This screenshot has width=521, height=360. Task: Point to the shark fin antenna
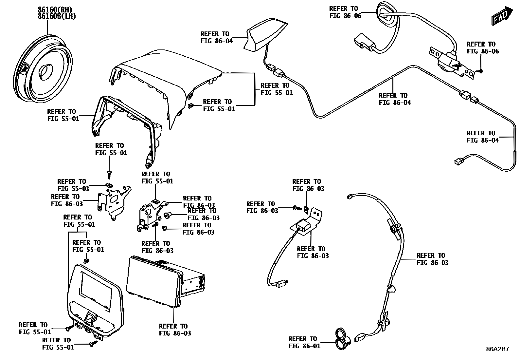pyautogui.click(x=265, y=34)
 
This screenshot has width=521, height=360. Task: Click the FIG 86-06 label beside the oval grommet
pyautogui.click(x=345, y=12)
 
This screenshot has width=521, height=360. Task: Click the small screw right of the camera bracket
pyautogui.click(x=480, y=71)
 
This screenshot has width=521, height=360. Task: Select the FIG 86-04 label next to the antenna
pyautogui.click(x=216, y=37)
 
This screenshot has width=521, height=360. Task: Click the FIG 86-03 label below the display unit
pyautogui.click(x=175, y=330)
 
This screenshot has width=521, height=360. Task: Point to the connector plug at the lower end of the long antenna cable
pyautogui.click(x=458, y=161)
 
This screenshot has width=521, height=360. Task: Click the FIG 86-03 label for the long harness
pyautogui.click(x=433, y=259)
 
